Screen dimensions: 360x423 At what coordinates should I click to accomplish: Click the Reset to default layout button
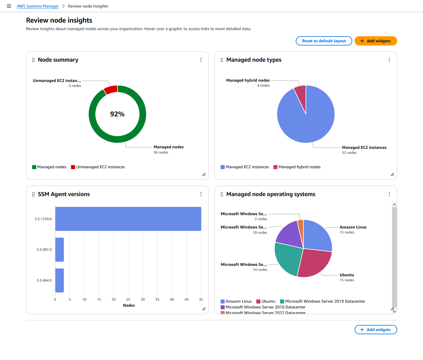click(x=324, y=41)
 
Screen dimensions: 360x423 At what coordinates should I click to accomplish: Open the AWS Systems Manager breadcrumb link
click(x=38, y=6)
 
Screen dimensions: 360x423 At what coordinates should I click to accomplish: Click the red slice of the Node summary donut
click(x=111, y=90)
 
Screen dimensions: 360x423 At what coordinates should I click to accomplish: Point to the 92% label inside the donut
click(x=117, y=114)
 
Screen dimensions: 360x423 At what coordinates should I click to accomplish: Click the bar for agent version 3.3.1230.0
click(x=128, y=219)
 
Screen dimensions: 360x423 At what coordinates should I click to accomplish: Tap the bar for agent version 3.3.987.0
click(x=59, y=250)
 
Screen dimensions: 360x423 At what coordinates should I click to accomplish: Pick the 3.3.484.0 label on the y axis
click(x=44, y=280)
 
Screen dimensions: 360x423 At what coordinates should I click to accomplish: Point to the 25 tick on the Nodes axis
click(x=128, y=299)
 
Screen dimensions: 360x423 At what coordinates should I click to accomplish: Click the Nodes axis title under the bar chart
click(x=129, y=305)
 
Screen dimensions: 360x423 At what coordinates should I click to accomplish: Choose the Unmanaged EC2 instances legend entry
click(x=98, y=167)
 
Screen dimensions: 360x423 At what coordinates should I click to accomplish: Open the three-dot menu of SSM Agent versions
click(x=201, y=194)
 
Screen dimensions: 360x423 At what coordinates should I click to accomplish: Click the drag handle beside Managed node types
click(x=222, y=60)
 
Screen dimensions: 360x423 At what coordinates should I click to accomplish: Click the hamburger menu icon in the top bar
click(x=9, y=6)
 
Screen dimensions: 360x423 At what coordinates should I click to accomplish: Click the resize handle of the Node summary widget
click(x=204, y=174)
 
